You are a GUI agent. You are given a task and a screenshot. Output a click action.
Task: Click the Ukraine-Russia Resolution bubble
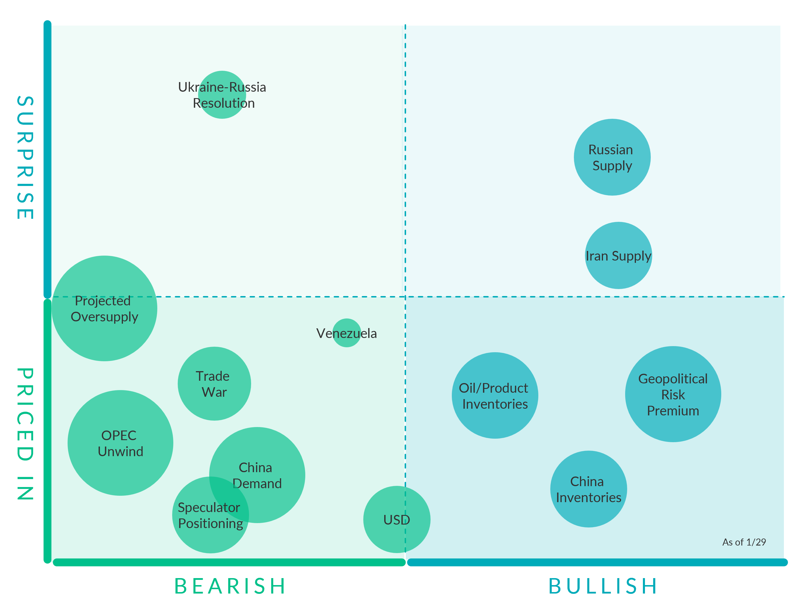[x=222, y=95]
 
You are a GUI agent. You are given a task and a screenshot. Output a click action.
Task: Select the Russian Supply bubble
[x=612, y=157]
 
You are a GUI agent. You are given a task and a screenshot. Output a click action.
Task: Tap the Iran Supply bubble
[x=618, y=256]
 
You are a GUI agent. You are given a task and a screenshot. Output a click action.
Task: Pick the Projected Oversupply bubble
[x=105, y=308]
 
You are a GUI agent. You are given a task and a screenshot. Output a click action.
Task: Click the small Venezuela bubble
[x=346, y=333]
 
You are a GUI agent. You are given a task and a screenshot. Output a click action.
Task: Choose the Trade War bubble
[x=214, y=384]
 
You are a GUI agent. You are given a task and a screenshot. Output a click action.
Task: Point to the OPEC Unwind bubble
[x=121, y=443]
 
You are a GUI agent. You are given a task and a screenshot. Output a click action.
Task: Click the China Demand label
[x=257, y=475]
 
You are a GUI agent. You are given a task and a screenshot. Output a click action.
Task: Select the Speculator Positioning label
[x=210, y=515]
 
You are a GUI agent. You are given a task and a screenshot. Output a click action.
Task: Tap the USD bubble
[x=397, y=520]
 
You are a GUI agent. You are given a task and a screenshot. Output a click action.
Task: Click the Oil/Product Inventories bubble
[x=495, y=396]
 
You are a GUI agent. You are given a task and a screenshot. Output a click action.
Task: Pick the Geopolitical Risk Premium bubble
[x=673, y=394]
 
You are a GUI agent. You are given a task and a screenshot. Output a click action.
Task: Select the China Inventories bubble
[x=588, y=489]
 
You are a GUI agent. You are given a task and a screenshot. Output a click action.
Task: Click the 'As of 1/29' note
[x=744, y=542]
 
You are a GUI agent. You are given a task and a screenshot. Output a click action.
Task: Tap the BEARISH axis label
[x=230, y=586]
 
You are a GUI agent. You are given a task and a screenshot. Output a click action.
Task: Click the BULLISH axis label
[x=603, y=586]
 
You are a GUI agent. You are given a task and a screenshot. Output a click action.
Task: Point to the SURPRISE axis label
[x=25, y=157]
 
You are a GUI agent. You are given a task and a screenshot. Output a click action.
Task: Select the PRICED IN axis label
[x=25, y=434]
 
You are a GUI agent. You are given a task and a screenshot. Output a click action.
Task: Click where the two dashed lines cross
[x=405, y=297]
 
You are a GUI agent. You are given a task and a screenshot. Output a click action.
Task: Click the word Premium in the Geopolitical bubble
[x=673, y=411]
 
